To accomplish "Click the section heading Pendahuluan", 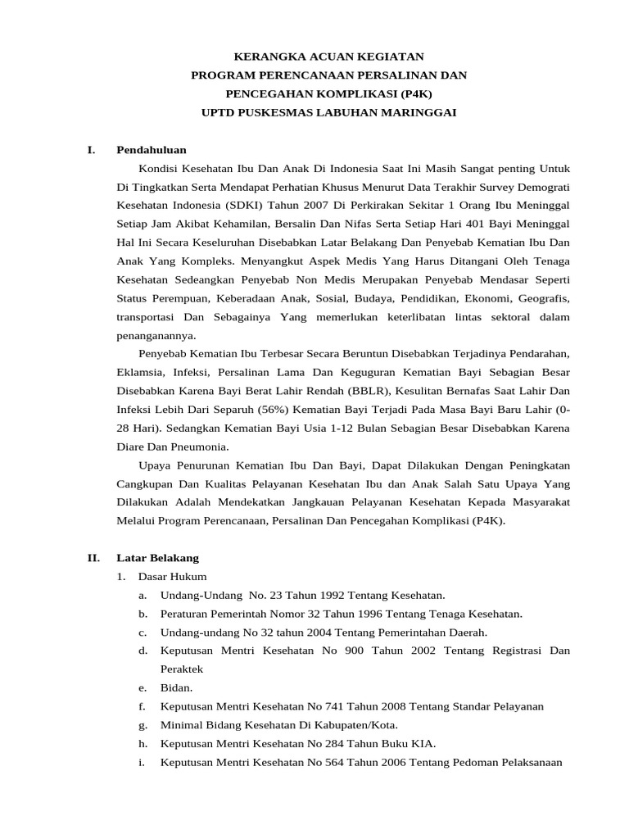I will pyautogui.click(x=152, y=150).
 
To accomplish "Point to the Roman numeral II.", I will pyautogui.click(x=93, y=558).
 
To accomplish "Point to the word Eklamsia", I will pyautogui.click(x=138, y=371).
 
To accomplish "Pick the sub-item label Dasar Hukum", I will pyautogui.click(x=173, y=577).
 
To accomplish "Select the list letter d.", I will pyautogui.click(x=143, y=651).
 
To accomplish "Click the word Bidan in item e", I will pyautogui.click(x=175, y=687).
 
